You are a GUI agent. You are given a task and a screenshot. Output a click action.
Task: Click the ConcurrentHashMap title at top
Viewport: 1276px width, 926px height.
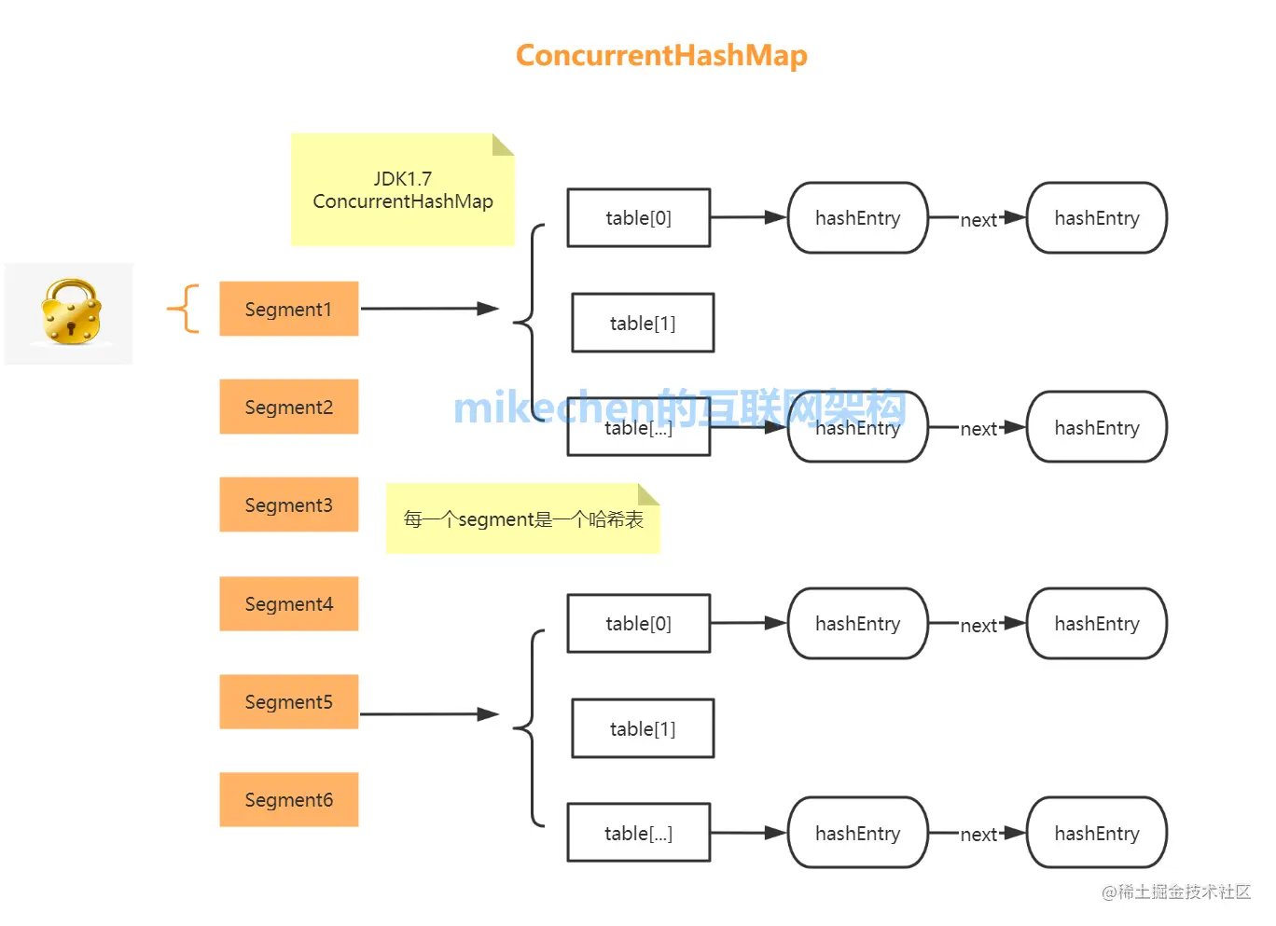click(661, 56)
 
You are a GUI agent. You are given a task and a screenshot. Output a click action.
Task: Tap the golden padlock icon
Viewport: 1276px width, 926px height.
click(71, 312)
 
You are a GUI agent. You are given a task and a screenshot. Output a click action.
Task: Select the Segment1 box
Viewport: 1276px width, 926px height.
click(288, 309)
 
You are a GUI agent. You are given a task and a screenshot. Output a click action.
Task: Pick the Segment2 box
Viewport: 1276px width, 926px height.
click(288, 407)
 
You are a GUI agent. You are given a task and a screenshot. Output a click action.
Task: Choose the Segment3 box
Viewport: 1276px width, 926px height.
click(288, 504)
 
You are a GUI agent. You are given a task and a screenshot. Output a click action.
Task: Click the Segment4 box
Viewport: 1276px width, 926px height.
click(288, 603)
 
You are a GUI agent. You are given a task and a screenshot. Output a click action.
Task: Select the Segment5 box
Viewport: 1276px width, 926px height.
click(288, 701)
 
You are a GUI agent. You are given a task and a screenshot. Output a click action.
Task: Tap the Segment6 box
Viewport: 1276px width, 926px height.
click(288, 799)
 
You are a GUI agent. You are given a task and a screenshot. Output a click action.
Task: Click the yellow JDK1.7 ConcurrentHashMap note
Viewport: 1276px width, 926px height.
click(402, 190)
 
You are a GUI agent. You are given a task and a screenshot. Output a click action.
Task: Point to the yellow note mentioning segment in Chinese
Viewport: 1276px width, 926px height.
click(522, 519)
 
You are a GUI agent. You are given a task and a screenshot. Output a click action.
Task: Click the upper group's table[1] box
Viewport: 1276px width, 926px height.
click(643, 323)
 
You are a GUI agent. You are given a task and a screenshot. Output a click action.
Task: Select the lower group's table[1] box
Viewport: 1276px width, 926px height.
click(643, 728)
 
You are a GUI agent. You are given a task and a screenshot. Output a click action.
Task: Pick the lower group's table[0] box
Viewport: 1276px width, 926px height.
click(639, 623)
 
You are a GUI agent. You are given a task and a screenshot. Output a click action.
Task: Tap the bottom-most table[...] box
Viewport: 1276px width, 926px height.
click(639, 833)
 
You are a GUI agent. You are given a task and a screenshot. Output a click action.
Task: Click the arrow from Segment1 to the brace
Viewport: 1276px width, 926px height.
click(429, 309)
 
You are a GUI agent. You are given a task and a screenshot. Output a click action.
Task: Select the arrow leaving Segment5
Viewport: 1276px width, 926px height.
click(429, 714)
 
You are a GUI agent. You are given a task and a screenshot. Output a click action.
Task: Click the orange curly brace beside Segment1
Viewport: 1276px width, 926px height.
click(185, 309)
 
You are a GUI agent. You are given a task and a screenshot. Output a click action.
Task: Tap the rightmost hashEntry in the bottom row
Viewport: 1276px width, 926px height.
click(1097, 833)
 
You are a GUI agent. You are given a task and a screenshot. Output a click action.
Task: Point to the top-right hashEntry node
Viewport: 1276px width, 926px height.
click(1097, 218)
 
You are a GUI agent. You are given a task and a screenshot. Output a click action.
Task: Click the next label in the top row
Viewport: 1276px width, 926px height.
click(978, 220)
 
